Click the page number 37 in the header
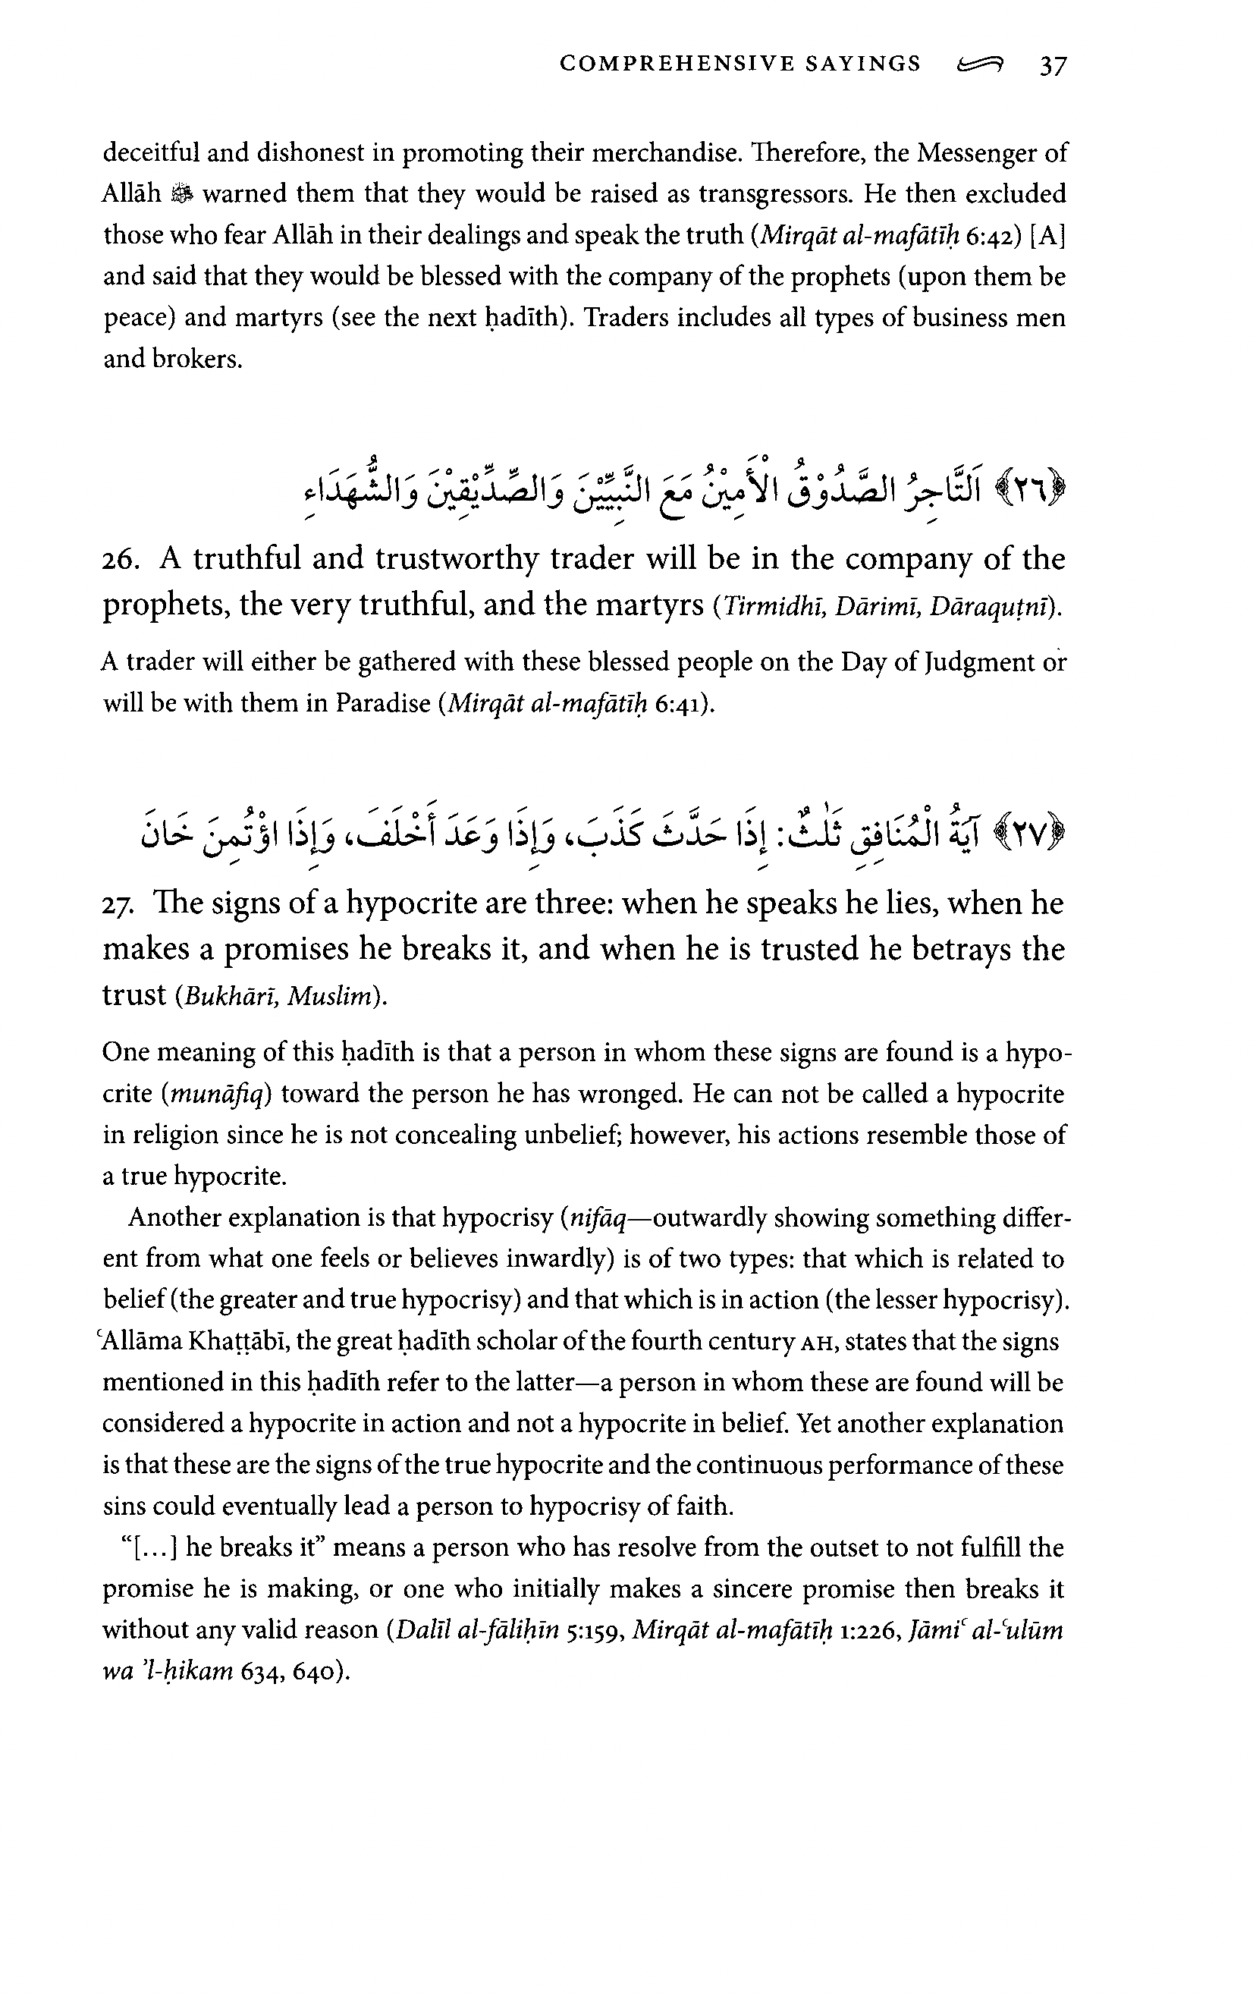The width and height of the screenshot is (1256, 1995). point(1053,64)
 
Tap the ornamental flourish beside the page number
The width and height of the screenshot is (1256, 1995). point(978,64)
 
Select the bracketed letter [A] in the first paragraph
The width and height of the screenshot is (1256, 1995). point(1047,235)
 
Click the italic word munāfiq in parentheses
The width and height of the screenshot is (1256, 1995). point(217,1095)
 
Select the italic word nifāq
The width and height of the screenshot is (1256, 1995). point(596,1218)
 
